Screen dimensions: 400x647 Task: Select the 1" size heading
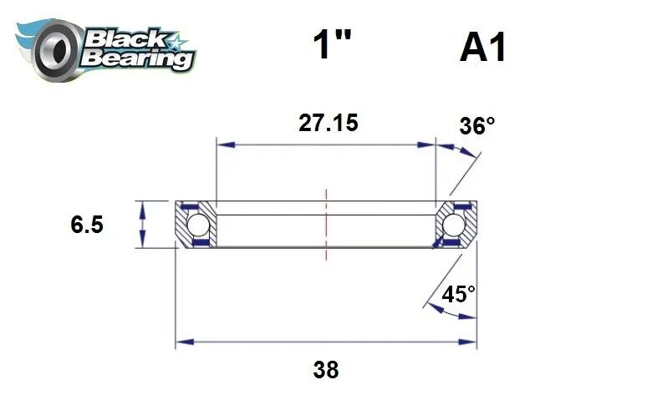click(327, 47)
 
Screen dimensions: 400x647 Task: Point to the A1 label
click(482, 48)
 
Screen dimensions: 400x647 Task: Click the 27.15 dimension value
click(328, 124)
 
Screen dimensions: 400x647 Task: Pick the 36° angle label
click(477, 126)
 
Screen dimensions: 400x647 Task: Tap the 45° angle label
click(459, 294)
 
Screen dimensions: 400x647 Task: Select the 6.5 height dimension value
click(87, 225)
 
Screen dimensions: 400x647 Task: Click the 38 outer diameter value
click(327, 369)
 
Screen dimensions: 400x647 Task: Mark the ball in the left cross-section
click(196, 225)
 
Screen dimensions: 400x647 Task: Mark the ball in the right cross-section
click(454, 225)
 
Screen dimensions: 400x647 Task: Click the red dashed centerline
click(326, 224)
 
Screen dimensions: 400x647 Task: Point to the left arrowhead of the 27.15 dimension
click(222, 144)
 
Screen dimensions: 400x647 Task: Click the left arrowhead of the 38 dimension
click(181, 342)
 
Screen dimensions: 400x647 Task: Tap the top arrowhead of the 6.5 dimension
click(144, 206)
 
